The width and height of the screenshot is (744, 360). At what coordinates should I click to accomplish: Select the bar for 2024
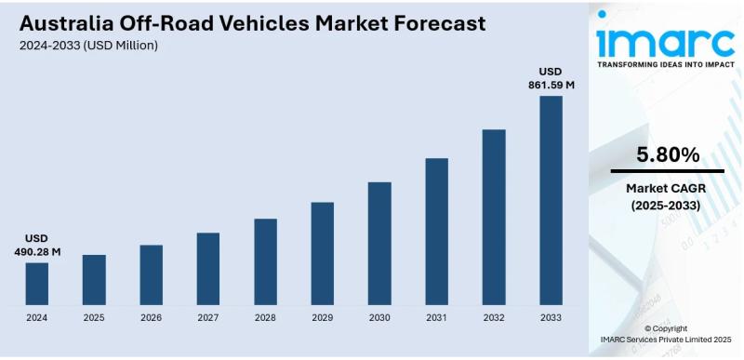coord(37,284)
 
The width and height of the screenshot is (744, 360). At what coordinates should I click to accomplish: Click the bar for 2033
coord(551,200)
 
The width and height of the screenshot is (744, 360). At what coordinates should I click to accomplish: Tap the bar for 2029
coord(323,253)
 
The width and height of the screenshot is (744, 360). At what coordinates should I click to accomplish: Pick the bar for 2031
coord(437,232)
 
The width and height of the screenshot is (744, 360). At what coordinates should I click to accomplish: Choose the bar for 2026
coord(152,274)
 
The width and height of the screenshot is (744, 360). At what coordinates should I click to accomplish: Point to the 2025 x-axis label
coord(94,317)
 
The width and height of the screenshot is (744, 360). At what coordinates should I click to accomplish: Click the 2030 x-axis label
coord(379,317)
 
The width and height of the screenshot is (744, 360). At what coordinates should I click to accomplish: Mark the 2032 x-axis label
coord(494,317)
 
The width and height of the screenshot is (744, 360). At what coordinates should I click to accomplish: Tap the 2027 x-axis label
coord(208,317)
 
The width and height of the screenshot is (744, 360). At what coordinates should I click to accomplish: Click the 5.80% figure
coord(667,155)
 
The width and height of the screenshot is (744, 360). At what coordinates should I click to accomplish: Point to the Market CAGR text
coord(667,189)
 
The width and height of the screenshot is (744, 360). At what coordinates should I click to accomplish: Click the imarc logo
coord(667,41)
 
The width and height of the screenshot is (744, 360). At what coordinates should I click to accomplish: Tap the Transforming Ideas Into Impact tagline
coord(667,66)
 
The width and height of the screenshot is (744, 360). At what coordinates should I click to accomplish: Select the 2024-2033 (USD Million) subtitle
coord(88,46)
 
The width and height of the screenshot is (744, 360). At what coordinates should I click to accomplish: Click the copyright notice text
coord(666,335)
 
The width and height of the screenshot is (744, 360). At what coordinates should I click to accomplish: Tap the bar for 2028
coord(266,261)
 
